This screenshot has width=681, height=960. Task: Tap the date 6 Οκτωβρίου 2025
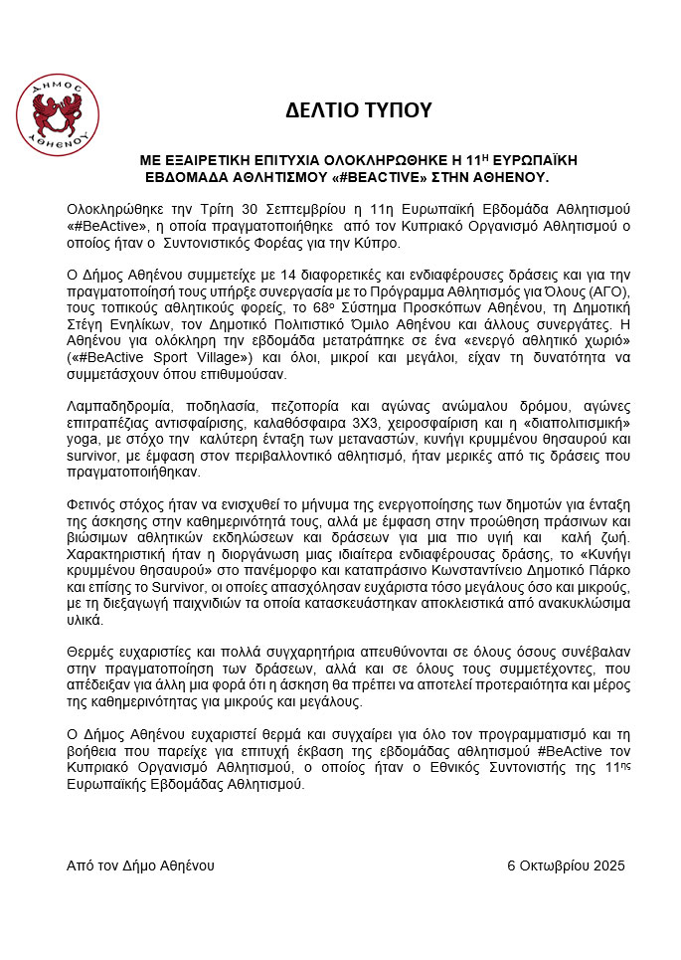[x=566, y=865]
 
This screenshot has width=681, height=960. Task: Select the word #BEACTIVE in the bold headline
[x=413, y=176]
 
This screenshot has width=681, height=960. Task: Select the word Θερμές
[x=90, y=652]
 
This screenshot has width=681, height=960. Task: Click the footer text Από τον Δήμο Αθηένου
[x=140, y=865]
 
